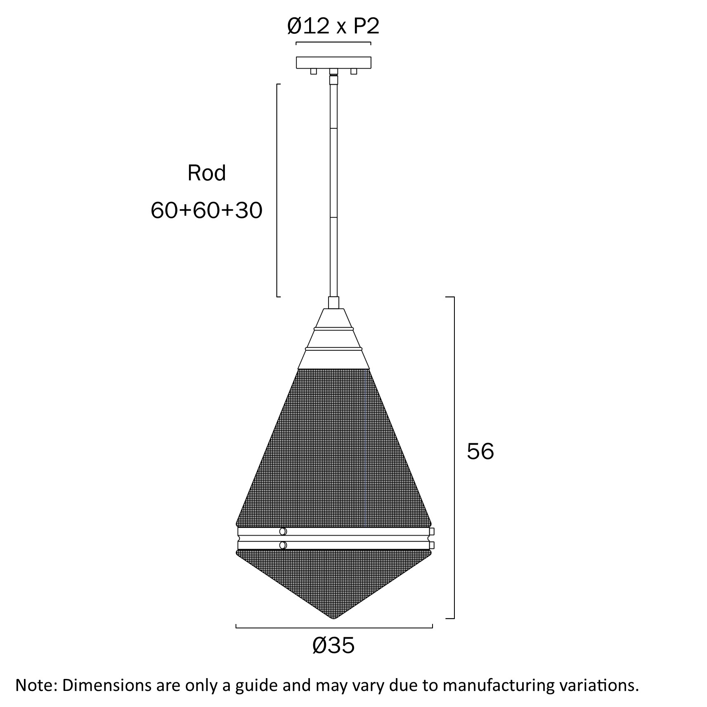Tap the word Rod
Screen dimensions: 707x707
(206, 173)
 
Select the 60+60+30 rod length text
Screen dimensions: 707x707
(206, 210)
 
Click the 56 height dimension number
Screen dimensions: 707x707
(480, 451)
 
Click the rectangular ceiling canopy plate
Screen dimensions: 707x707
(333, 62)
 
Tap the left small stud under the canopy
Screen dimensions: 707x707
(314, 71)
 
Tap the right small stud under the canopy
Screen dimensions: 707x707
(353, 71)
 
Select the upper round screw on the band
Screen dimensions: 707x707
(283, 531)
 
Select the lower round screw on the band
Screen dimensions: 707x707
(283, 545)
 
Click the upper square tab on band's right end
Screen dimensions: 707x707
(432, 531)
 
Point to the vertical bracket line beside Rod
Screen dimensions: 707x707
(277, 190)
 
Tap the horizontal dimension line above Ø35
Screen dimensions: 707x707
(334, 628)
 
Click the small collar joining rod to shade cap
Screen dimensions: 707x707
(333, 303)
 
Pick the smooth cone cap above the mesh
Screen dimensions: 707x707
(333, 343)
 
